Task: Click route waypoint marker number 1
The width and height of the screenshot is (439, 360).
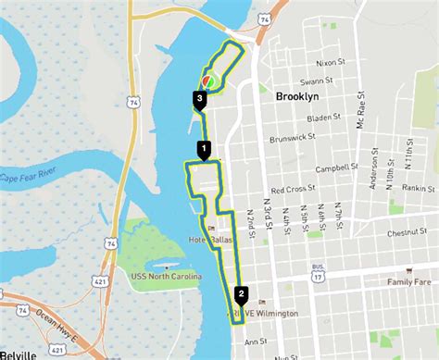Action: tap(204, 148)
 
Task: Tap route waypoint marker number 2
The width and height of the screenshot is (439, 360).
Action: tap(242, 295)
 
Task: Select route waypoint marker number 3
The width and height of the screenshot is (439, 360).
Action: tap(199, 97)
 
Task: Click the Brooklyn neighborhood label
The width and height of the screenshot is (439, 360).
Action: tap(297, 96)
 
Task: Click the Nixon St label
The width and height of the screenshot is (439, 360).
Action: tap(330, 64)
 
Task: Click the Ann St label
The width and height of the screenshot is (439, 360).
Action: tap(255, 341)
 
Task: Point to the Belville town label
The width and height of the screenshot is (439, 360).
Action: tap(19, 354)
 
